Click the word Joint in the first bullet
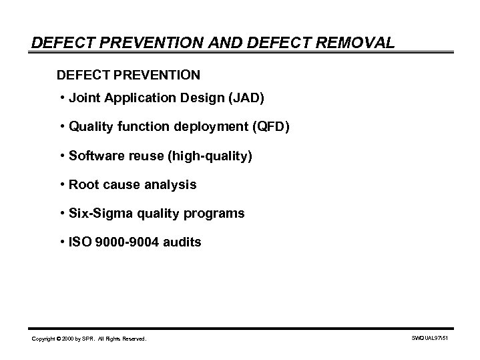pos(82,99)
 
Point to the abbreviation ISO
pos(79,242)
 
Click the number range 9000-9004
pos(128,242)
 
